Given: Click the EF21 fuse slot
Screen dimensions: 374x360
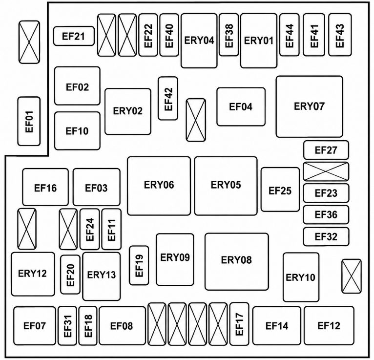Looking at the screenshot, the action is coord(74,36).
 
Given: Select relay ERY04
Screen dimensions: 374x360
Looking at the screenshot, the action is coord(199,41).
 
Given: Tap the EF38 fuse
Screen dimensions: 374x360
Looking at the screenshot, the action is coord(229,35).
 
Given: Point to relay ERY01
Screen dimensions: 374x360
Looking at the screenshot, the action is coord(259,41).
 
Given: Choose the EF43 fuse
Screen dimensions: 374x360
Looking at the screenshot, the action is coord(340,35).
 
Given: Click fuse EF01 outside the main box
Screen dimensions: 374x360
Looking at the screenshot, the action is coord(29,121).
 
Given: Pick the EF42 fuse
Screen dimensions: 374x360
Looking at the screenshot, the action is coord(168,98).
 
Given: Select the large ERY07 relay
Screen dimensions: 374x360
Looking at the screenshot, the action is coord(310,106).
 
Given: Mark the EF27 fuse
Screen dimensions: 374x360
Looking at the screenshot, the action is coord(326,150).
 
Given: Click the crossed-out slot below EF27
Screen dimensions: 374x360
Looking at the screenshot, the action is coord(326,171).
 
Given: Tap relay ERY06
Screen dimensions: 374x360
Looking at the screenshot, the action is coord(159,186).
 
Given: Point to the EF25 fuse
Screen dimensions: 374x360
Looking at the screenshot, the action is coord(280,190).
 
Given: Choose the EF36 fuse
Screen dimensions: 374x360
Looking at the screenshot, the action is coord(326,215).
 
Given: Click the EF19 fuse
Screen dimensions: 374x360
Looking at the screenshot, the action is coord(139,265).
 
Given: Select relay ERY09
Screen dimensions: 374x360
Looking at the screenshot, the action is coord(175,259).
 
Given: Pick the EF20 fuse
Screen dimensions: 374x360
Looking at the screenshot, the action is coord(70,275).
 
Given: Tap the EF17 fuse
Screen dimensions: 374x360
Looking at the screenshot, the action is coord(239,324).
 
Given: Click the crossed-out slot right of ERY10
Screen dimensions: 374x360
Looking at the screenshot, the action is coord(352,276).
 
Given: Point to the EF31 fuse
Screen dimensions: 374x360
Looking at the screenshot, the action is coord(67,326).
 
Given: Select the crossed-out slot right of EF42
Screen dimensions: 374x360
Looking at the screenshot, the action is coord(196,120).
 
